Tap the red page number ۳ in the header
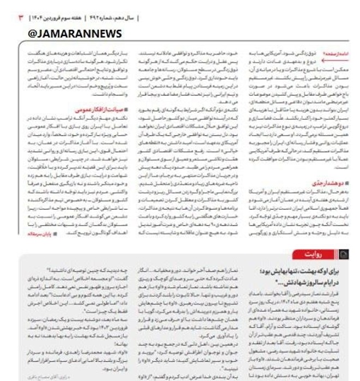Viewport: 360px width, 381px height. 21,17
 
